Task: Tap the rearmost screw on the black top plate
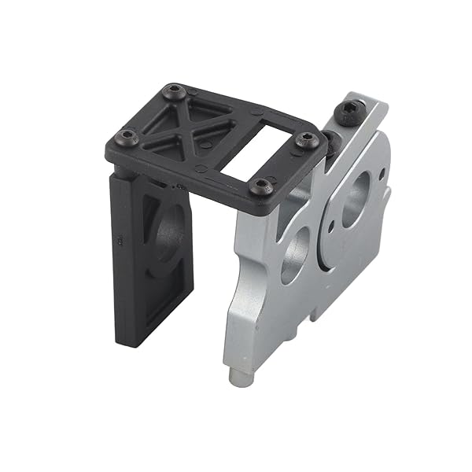(x=174, y=94)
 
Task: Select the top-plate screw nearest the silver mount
(x=308, y=141)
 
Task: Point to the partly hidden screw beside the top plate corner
(x=331, y=142)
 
